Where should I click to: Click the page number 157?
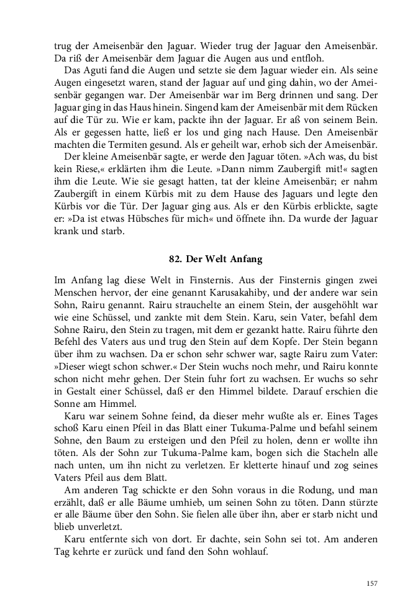point(372,583)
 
